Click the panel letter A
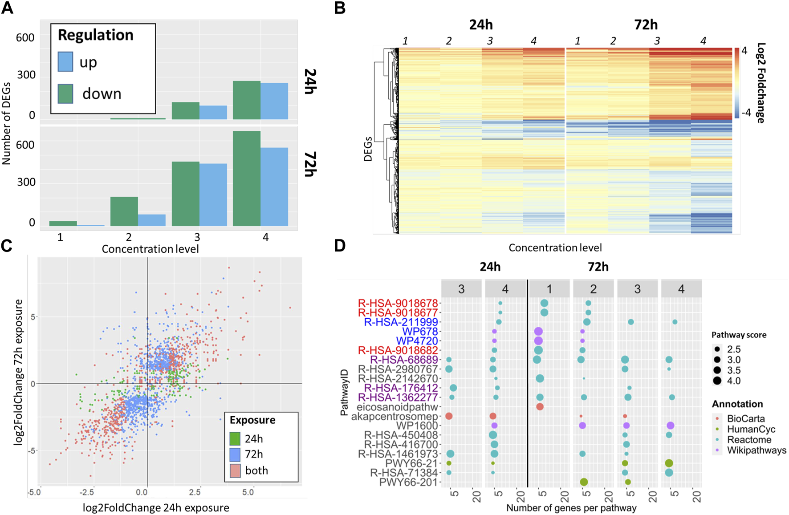(8, 8)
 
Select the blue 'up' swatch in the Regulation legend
(65, 62)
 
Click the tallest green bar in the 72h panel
(247, 178)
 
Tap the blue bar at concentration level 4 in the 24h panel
(274, 101)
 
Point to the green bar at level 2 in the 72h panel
(124, 211)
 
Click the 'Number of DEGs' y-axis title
(6, 124)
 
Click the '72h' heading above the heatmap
(646, 24)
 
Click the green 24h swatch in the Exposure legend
(235, 439)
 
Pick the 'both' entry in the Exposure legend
(256, 470)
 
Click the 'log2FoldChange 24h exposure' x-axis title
(156, 507)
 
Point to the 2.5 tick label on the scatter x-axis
(195, 492)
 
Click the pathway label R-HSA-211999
(401, 322)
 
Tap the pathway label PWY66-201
(408, 483)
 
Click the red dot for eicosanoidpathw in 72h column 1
(540, 407)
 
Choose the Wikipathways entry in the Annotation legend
(756, 450)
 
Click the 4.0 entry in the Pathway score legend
(734, 381)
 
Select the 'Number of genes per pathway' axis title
(571, 508)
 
